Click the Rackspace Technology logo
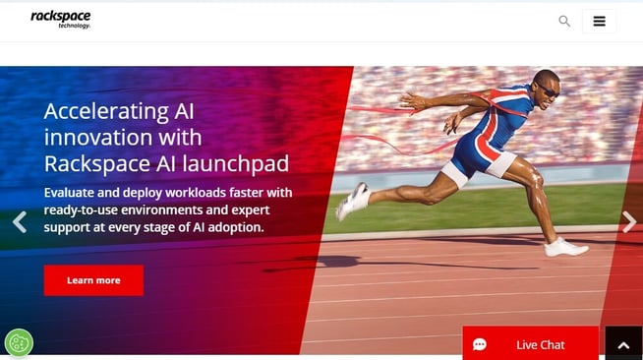(61, 20)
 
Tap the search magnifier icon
(564, 21)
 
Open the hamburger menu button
(599, 21)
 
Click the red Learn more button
(93, 280)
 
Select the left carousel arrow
(19, 222)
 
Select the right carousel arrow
(629, 222)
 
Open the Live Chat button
(531, 344)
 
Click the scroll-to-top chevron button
(623, 344)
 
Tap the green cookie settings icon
(19, 342)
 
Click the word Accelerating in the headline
(106, 110)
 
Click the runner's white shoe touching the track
(566, 247)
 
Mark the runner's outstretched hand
(406, 100)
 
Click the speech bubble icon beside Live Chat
(480, 344)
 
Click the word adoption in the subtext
(236, 228)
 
